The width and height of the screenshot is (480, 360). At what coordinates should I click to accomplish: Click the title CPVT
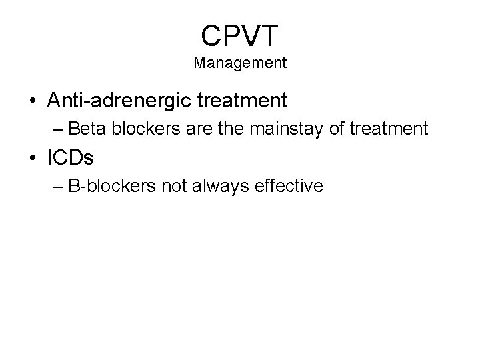click(239, 35)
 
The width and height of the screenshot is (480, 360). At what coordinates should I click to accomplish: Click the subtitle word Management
click(240, 63)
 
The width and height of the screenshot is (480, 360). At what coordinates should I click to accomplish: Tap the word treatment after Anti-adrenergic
click(246, 101)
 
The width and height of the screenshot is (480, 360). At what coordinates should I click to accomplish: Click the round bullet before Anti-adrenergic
click(31, 101)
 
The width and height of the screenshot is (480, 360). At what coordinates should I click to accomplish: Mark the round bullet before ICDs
click(31, 158)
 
